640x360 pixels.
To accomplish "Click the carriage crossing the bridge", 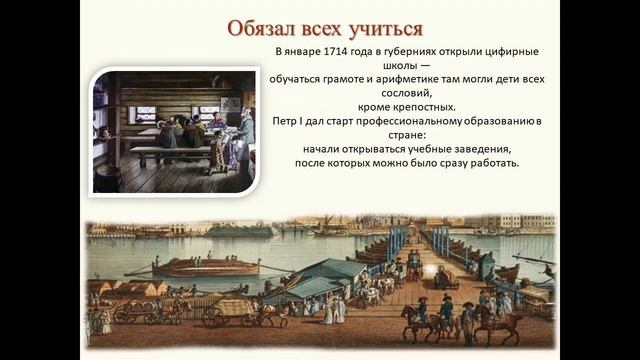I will (444, 279).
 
